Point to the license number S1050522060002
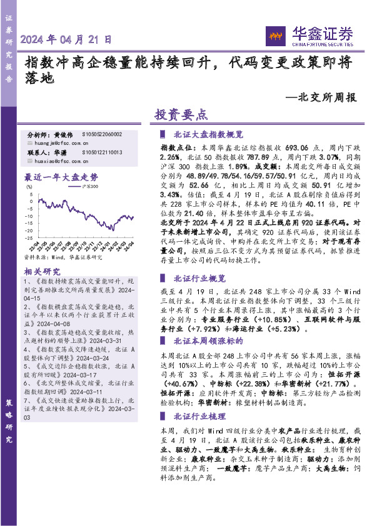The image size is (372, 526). pos(102,134)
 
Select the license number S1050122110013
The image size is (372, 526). pos(102,152)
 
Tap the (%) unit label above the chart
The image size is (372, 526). pos(28,185)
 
